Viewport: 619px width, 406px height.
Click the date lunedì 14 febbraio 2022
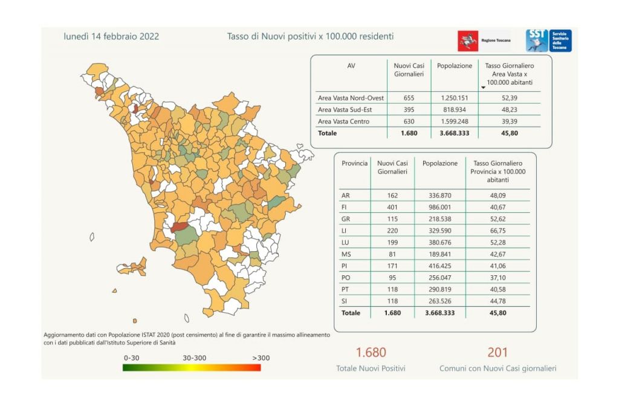(x=111, y=36)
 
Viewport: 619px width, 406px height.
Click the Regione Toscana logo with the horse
(x=467, y=41)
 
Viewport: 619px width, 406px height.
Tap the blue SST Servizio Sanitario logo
(x=548, y=41)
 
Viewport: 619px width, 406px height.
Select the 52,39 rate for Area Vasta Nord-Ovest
(x=509, y=97)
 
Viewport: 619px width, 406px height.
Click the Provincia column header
(x=354, y=163)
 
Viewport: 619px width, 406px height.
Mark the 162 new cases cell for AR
(x=392, y=195)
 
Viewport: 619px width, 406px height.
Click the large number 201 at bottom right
(x=497, y=352)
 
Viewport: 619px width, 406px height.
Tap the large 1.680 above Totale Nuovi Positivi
(x=371, y=352)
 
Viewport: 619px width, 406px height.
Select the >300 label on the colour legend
(x=261, y=358)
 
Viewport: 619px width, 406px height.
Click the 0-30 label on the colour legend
(x=131, y=358)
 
